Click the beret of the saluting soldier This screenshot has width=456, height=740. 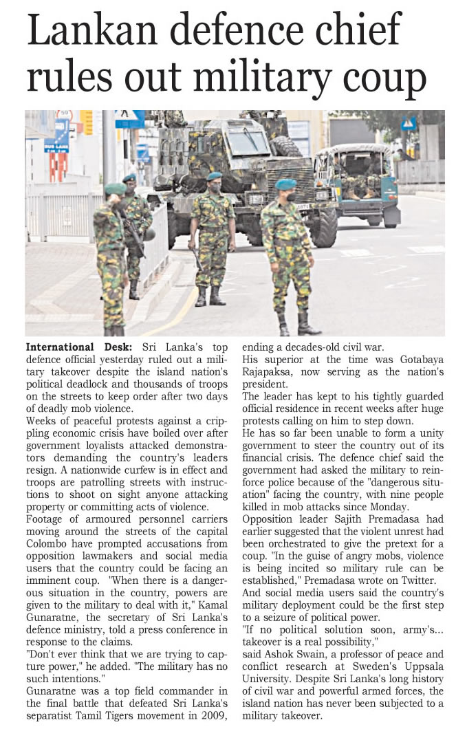click(x=116, y=188)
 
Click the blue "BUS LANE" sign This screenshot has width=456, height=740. click(x=57, y=144)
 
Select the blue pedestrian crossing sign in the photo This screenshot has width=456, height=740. click(x=409, y=123)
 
